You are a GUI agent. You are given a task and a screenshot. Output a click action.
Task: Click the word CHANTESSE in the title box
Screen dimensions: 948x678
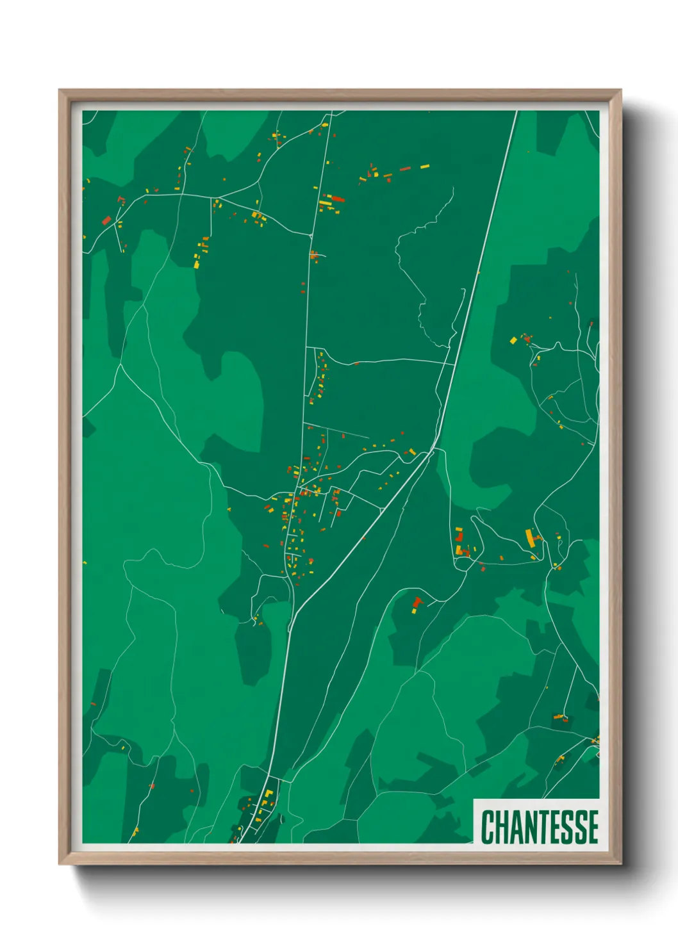(540, 826)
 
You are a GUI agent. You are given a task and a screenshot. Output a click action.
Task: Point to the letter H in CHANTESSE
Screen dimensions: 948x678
(501, 826)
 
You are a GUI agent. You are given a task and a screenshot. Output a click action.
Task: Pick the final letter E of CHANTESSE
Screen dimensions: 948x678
(593, 826)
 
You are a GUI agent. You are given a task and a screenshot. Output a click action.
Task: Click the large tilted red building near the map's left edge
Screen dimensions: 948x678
(107, 220)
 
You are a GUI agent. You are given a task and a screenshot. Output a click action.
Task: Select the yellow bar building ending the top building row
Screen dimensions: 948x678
(424, 167)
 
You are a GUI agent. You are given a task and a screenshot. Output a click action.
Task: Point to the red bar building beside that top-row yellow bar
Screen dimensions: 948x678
(405, 169)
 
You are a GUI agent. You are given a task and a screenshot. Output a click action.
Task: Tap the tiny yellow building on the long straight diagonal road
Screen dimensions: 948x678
(478, 273)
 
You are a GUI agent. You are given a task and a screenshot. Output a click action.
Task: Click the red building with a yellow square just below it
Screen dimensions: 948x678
(418, 602)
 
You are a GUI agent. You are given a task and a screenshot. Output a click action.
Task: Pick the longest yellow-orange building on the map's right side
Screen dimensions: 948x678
(530, 537)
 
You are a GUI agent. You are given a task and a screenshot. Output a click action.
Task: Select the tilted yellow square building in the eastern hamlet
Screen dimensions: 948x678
(513, 340)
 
